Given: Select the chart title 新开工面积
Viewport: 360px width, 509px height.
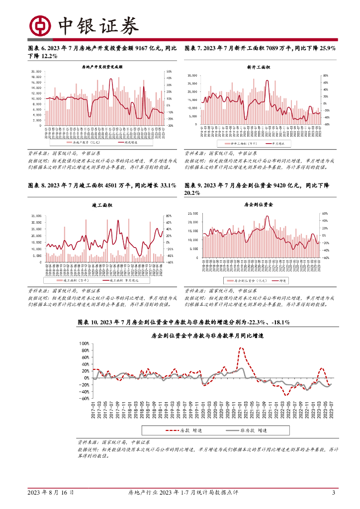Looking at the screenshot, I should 258,67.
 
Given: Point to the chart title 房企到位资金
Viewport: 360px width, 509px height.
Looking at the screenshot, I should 259,205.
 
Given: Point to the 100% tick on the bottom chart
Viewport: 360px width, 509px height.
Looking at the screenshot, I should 84,343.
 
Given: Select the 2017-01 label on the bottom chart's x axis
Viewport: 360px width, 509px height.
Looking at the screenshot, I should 93,411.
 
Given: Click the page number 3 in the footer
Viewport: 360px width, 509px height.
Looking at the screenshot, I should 334,493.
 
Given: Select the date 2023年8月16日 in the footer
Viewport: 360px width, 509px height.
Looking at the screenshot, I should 51,493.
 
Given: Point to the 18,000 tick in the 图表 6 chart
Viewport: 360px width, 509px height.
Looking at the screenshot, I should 36,71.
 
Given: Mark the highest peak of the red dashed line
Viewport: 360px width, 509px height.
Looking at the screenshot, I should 242,348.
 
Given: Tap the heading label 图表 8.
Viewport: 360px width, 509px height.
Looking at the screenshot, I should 38,185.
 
